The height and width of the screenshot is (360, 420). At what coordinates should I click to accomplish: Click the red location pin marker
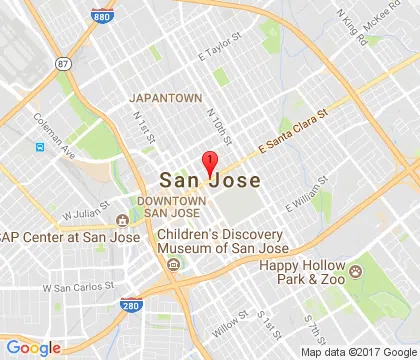210,163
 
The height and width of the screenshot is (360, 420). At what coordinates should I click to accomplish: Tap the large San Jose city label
210,181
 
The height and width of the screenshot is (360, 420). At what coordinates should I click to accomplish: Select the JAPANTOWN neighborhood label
165,98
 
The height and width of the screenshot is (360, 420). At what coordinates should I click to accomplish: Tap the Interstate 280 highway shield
130,306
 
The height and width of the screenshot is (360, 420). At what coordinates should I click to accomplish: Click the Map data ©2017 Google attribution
367,351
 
